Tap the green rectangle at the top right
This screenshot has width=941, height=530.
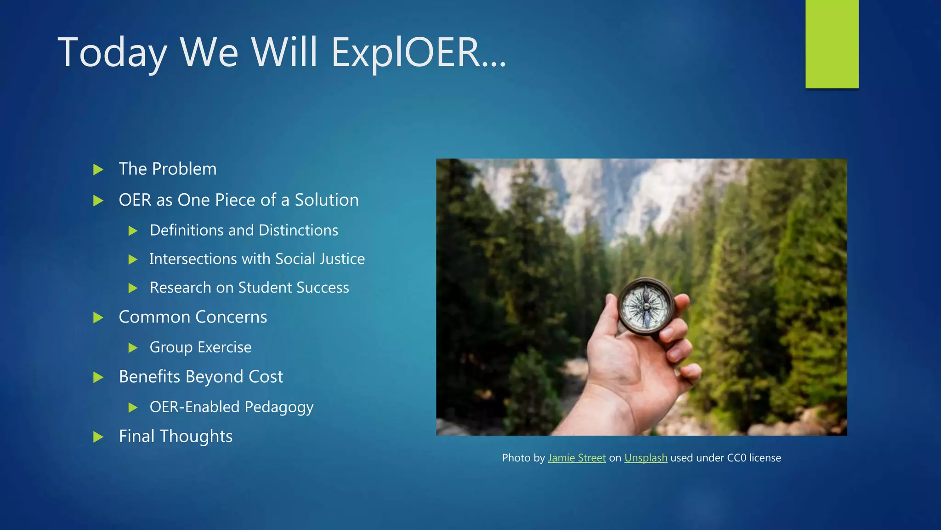(x=832, y=44)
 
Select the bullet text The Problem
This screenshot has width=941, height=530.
(x=167, y=169)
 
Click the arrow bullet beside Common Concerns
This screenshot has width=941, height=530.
(x=98, y=317)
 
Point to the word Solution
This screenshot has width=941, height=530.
(x=326, y=200)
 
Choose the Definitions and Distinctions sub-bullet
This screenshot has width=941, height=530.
(x=244, y=230)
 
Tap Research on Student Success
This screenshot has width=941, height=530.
(x=249, y=288)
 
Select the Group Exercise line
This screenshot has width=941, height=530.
(x=200, y=347)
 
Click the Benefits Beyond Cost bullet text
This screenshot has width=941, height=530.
(x=201, y=377)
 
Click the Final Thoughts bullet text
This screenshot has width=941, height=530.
(x=176, y=436)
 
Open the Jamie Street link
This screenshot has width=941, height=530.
(x=577, y=458)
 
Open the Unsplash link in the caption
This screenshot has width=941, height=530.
(x=646, y=458)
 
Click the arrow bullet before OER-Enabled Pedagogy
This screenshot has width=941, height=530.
(x=133, y=407)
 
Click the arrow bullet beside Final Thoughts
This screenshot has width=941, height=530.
(x=98, y=437)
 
